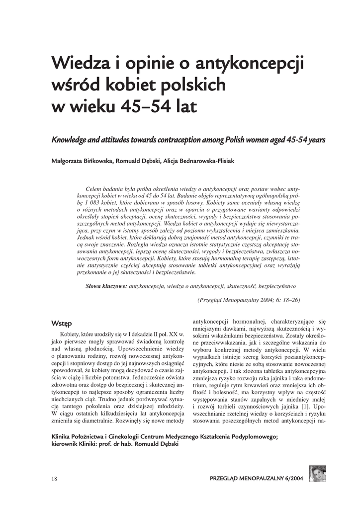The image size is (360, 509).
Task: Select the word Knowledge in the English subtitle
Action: coord(70,140)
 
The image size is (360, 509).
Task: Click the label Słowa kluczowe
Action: coord(106,286)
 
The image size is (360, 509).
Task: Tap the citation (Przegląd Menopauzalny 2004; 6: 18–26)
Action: coord(249,300)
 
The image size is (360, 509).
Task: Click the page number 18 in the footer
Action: coord(55,479)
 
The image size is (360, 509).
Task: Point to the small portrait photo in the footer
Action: coord(317,474)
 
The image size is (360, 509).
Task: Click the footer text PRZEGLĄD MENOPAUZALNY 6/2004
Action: coord(257,479)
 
